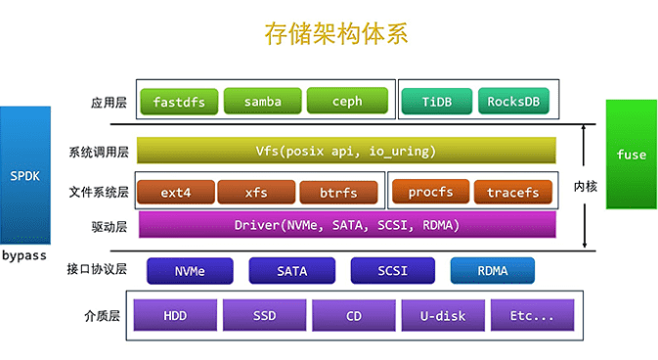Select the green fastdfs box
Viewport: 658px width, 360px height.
coord(179,101)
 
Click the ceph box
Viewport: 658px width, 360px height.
coord(347,101)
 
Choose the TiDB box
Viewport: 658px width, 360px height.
coord(435,101)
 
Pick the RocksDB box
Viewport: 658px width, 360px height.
coord(514,101)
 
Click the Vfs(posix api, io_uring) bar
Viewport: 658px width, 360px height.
coord(346,151)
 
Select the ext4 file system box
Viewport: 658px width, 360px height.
coord(175,192)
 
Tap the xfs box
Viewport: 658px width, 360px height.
coord(256,192)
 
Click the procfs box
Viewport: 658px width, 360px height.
coord(430,192)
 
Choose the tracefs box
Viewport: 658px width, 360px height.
coord(513,192)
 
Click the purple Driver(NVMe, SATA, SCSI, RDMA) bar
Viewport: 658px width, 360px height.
coord(346,225)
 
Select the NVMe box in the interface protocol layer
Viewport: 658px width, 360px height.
coord(190,270)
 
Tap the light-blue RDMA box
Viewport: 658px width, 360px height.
coord(493,270)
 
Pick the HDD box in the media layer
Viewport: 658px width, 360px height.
coord(175,316)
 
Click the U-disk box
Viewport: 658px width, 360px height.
coord(442,316)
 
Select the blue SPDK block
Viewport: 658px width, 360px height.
coord(25,176)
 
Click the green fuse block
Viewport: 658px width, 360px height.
coord(631,155)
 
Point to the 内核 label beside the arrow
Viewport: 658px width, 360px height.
coord(585,186)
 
